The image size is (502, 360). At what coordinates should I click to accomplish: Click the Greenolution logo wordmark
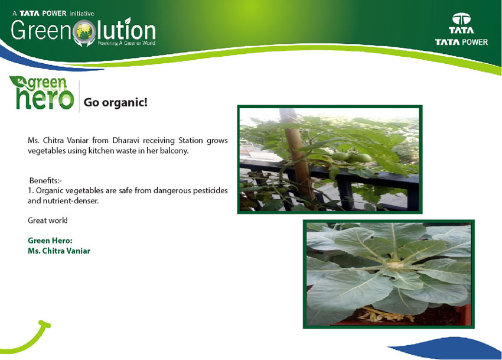click(83, 31)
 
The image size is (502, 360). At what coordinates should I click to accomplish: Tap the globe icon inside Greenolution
click(84, 32)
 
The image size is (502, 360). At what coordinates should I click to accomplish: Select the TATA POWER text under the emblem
click(461, 42)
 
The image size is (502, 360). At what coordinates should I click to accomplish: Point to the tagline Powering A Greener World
click(126, 43)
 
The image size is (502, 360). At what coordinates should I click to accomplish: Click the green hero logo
click(41, 93)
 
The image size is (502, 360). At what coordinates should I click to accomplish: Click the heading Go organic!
click(116, 102)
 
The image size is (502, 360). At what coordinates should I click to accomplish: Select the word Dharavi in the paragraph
click(125, 141)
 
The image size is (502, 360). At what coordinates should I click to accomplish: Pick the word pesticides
click(210, 190)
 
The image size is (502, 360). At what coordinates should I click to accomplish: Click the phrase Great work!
click(48, 220)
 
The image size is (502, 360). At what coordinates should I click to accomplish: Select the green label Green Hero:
click(50, 241)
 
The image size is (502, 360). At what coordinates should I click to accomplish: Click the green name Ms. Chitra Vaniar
click(59, 251)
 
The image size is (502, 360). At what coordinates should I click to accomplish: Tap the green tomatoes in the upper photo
click(351, 157)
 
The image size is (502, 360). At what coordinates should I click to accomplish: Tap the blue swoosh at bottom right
click(448, 348)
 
